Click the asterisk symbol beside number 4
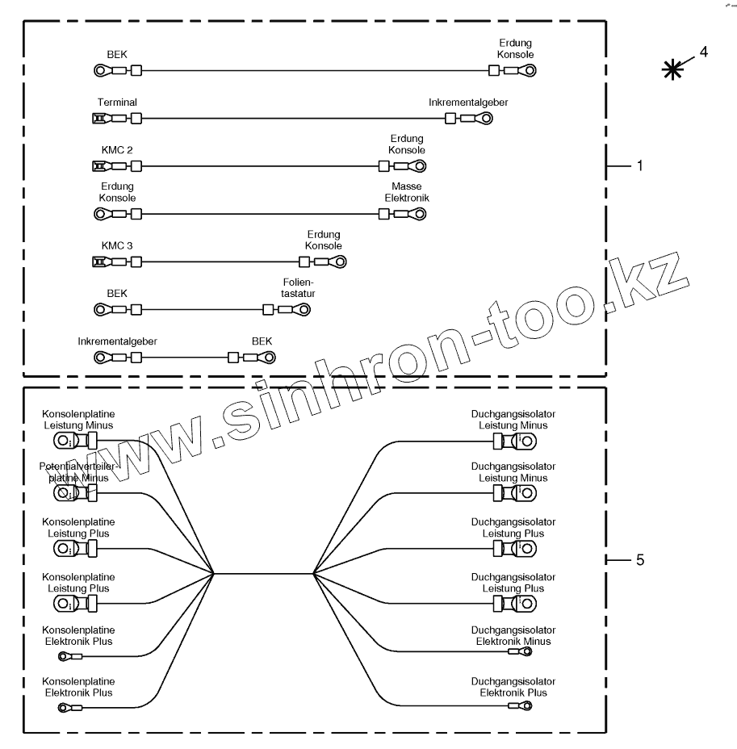coord(669,70)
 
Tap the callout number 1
coord(639,166)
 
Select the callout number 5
coord(639,559)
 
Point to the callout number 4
coord(704,52)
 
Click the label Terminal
coord(117,103)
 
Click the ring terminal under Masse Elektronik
coord(417,214)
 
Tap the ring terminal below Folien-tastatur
coord(305,309)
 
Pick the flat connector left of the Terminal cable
coord(99,119)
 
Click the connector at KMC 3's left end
coord(99,262)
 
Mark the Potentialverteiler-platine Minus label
coord(78,472)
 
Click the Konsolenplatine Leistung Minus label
coord(78,420)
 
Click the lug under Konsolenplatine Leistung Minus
coord(65,441)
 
